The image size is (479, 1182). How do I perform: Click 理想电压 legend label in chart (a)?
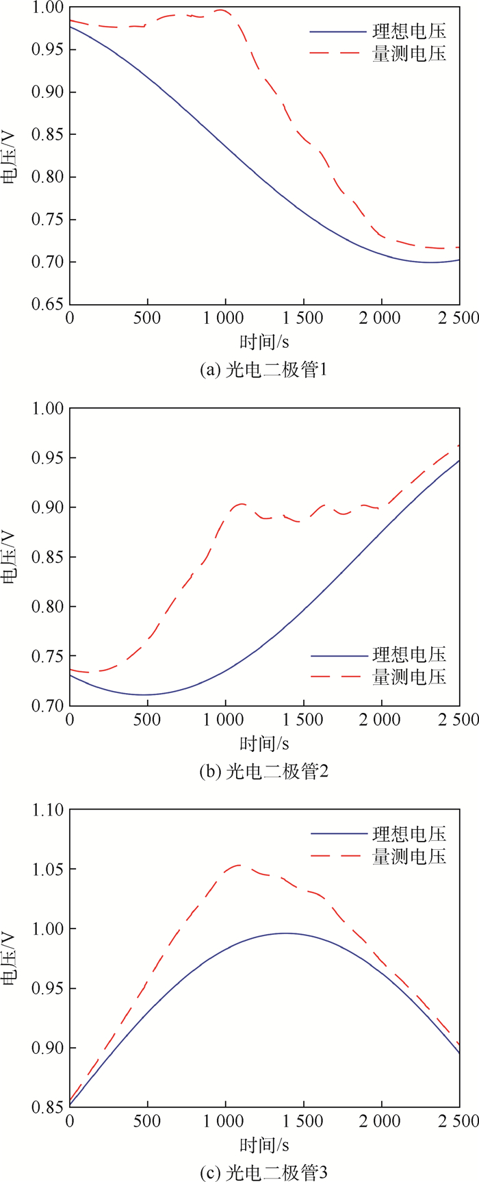pos(409,31)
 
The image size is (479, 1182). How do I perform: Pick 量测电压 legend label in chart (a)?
pos(409,53)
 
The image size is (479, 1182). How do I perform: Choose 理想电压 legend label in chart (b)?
pos(409,655)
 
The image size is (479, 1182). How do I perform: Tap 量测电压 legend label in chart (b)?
pos(409,677)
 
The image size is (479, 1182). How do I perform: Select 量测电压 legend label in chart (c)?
pos(409,856)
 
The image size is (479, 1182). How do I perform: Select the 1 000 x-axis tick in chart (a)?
pos(224,318)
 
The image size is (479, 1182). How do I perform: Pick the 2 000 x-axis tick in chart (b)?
pos(380,720)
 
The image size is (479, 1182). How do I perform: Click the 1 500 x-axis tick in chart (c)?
pos(302,1122)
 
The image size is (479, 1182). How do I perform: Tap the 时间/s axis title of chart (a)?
pos(263,340)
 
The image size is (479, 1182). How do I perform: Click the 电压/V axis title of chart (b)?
pos(10,556)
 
